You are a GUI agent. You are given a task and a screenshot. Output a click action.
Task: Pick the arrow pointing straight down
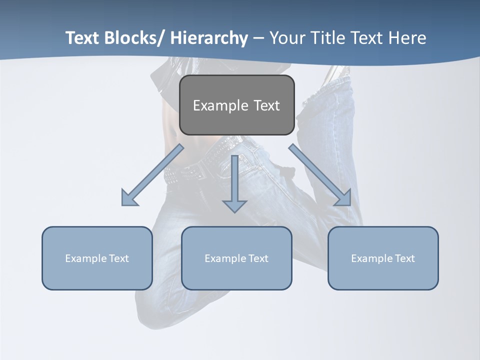point(234,182)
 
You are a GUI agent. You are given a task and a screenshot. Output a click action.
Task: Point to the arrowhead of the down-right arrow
point(344,199)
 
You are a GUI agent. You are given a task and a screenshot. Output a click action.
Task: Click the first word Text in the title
point(83,38)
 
